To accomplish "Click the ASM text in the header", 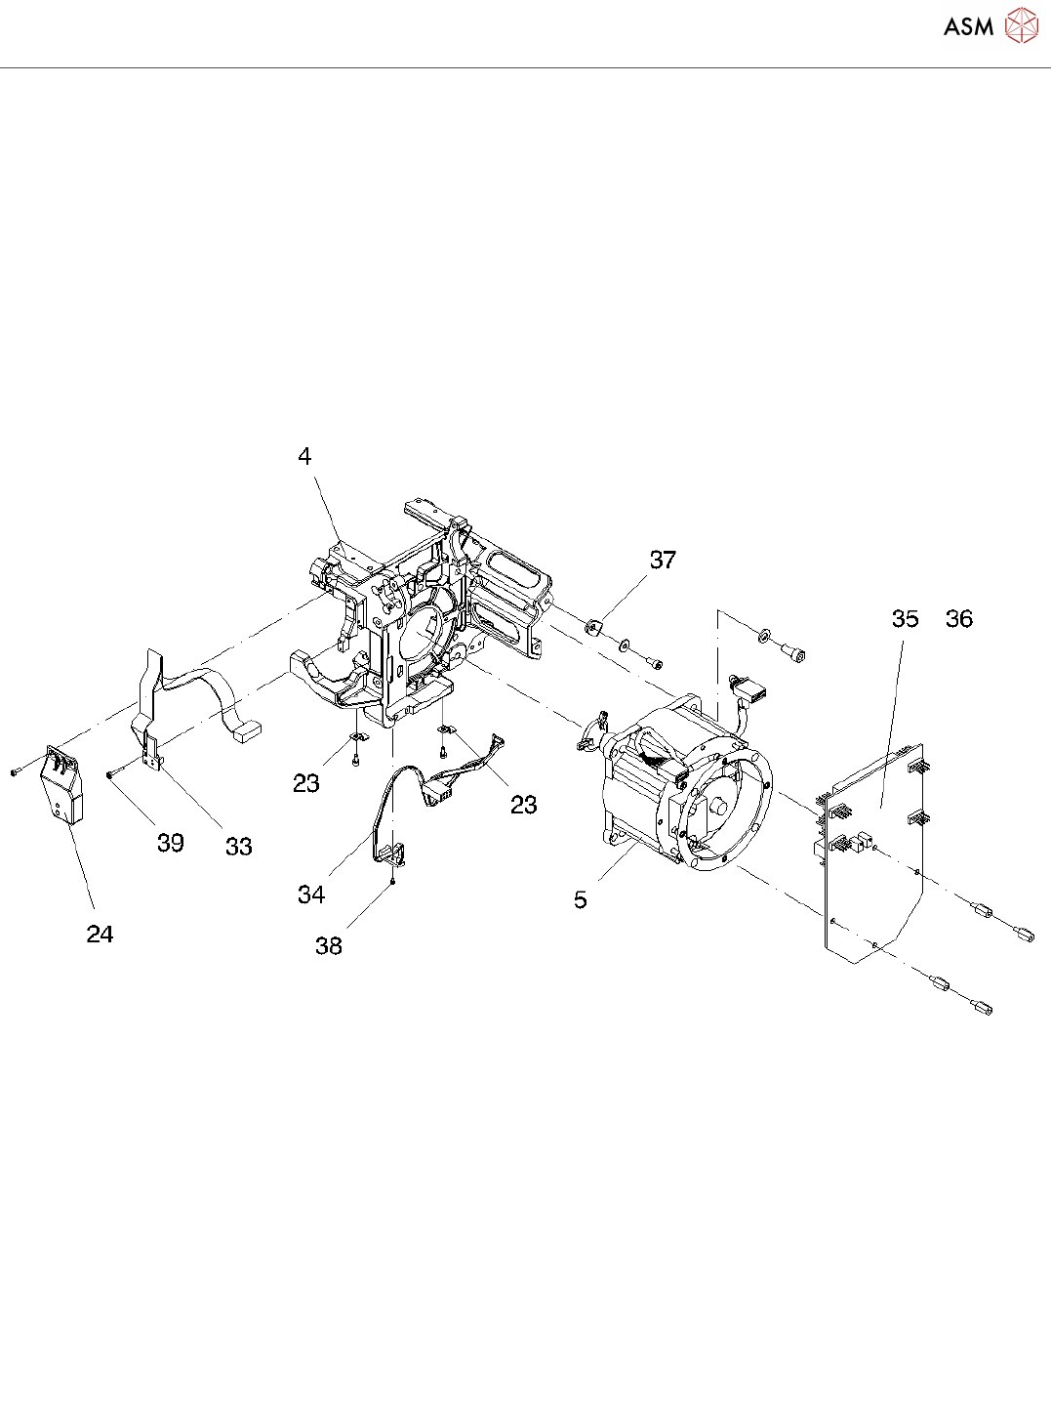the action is pos(968,26).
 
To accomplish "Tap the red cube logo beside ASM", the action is pos(1021,25).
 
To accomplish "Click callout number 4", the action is pos(304,456).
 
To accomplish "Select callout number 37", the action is pos(663,560).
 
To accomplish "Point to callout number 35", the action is pos(905,618).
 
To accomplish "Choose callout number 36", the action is pos(958,618).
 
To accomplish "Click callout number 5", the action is pos(581,899).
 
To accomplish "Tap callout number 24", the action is pos(100,934).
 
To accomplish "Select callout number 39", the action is pos(171,843).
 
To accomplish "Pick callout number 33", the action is pos(239,847).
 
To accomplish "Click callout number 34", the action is pos(311,894).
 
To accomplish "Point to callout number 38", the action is pos(329,945).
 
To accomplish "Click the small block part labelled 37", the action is pos(593,625).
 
